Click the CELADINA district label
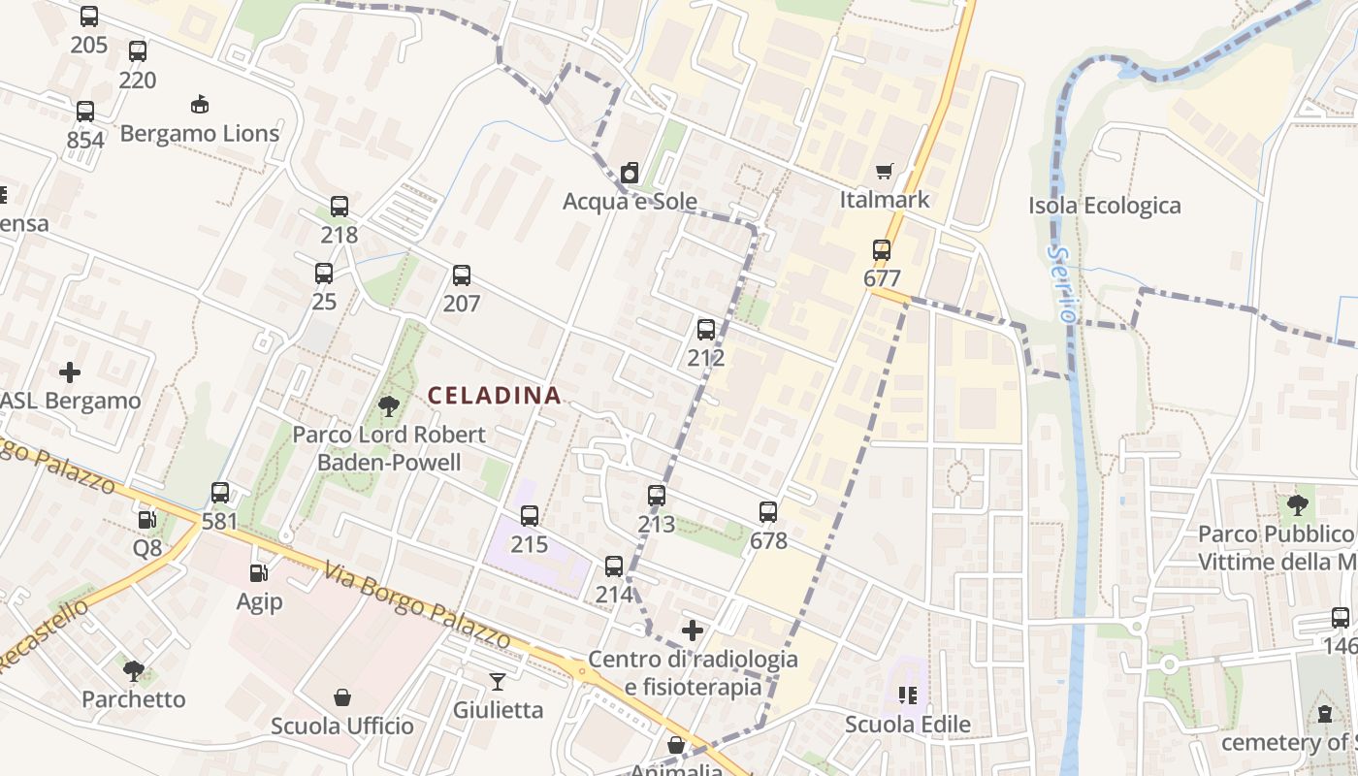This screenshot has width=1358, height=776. point(495,396)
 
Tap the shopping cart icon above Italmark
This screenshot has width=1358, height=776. point(884,172)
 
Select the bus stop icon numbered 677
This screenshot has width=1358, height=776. point(882,250)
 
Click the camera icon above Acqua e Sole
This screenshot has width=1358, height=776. point(630,174)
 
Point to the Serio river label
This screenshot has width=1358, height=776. point(1064,284)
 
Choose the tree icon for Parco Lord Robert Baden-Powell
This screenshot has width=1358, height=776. point(389,406)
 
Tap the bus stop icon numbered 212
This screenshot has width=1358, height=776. point(706,330)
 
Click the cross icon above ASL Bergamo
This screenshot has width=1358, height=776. point(70,372)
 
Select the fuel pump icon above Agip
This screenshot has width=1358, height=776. point(259,574)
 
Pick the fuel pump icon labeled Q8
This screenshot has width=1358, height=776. point(147,520)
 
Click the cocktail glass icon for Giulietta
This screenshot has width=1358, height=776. point(498,682)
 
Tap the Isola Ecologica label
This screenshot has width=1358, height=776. point(1104,206)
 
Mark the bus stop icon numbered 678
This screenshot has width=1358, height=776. point(768,512)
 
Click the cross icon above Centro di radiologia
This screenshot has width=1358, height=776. point(693,631)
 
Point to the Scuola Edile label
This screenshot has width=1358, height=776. point(907,725)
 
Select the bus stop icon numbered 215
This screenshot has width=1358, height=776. point(530,516)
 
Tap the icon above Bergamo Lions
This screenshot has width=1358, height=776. point(200,105)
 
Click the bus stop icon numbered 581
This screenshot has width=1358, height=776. point(220,493)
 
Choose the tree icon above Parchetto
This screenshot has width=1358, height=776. point(134,670)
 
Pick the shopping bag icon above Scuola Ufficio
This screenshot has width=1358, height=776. point(342,697)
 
